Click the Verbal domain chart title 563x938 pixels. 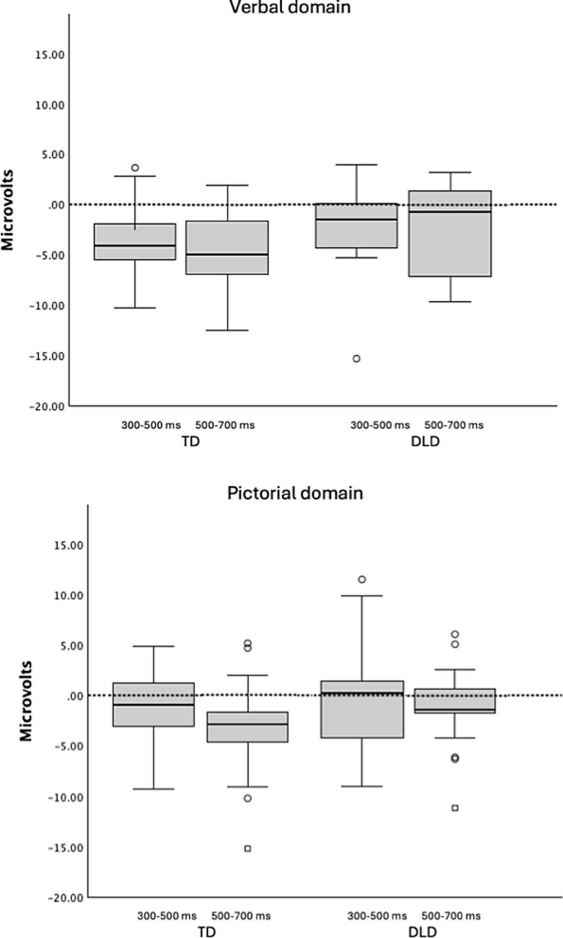tap(290, 7)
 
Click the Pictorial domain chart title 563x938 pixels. tap(295, 493)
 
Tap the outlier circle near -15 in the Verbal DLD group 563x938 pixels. tap(357, 359)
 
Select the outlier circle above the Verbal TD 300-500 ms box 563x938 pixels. tap(135, 168)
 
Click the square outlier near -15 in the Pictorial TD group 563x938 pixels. tap(248, 849)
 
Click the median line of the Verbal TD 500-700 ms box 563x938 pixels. tap(227, 254)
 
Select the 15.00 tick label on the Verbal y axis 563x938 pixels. tap(50, 55)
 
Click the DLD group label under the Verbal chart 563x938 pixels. tap(425, 442)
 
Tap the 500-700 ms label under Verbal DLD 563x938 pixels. tap(454, 425)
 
